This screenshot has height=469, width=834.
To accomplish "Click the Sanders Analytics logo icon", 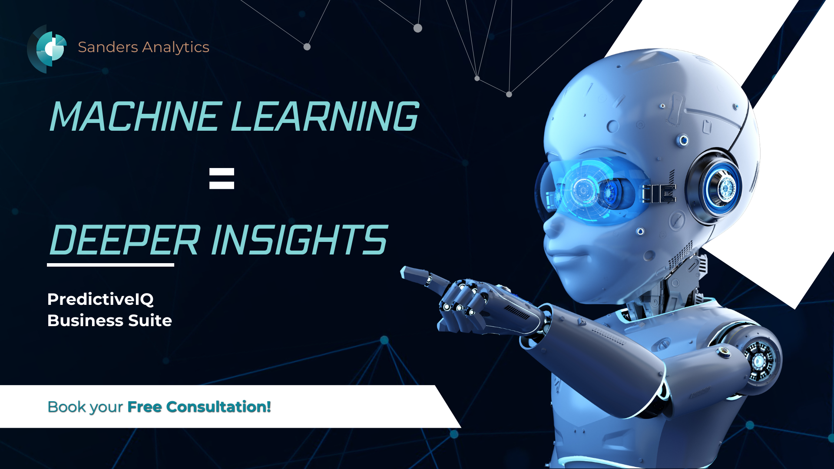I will [48, 49].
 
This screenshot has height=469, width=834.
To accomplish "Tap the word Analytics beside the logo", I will [176, 47].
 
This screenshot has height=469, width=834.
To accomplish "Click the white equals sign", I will [222, 178].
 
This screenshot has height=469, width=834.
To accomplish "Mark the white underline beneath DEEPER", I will [110, 264].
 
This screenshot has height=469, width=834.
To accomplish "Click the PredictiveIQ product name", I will [100, 299].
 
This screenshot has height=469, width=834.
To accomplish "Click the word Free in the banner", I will [145, 407].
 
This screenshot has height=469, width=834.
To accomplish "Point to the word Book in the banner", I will [66, 407].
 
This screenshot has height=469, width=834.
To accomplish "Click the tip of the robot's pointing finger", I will [403, 273].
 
